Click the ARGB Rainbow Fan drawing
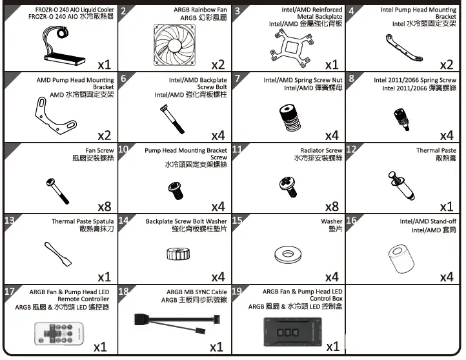(x=175, y=43)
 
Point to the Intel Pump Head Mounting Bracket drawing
(x=403, y=45)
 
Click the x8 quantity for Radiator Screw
(x=331, y=206)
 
